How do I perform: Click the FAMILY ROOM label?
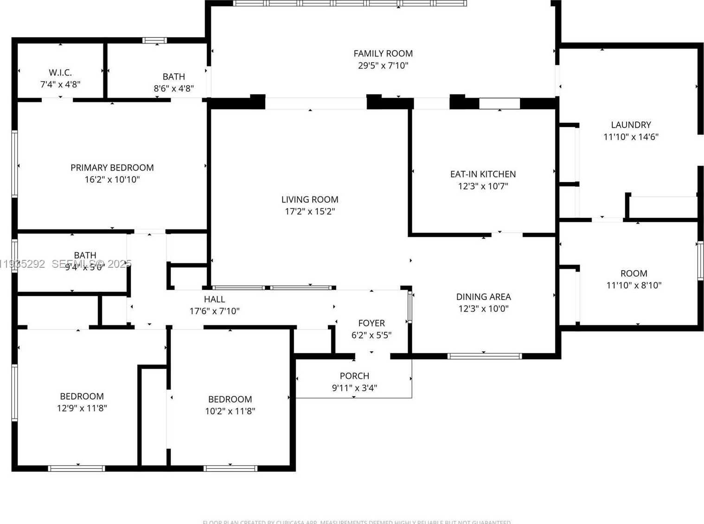point(383,54)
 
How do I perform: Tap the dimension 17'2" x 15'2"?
point(310,212)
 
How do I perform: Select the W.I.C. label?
point(60,73)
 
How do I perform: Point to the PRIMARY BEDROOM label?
point(112,168)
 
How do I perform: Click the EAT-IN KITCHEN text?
point(483,174)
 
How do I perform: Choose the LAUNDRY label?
point(631,125)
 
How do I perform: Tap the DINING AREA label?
point(483,297)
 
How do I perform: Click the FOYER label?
point(371,323)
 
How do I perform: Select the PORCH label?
point(354,376)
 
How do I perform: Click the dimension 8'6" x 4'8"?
point(174,88)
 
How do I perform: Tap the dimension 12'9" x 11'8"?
point(82,408)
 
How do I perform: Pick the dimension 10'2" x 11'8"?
point(230,411)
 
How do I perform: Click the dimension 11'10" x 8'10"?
point(634,285)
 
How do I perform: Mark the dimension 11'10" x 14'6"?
point(631,137)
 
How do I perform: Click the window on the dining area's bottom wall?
point(484,356)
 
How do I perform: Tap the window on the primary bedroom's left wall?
point(14,164)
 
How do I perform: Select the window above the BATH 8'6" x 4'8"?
point(154,40)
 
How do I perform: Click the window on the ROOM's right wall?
point(700,261)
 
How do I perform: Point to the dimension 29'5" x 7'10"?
point(383,66)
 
